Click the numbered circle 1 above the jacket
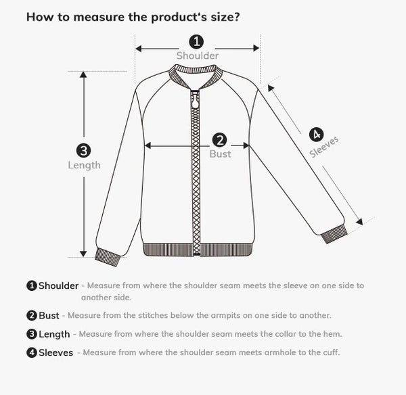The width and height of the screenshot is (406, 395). [196, 41]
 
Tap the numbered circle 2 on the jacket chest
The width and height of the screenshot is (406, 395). [219, 140]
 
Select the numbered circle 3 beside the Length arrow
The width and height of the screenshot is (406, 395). [84, 151]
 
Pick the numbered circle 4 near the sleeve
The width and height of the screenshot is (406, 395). [317, 134]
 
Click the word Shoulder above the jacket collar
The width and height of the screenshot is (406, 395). [198, 55]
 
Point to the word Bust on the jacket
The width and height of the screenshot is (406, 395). [220, 154]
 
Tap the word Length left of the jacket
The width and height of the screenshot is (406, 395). [84, 165]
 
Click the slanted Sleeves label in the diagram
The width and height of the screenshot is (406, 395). [324, 147]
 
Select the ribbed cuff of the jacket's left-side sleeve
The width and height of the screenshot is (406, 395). [108, 256]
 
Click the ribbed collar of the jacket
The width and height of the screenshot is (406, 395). [196, 72]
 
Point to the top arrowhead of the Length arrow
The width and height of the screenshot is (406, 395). [84, 75]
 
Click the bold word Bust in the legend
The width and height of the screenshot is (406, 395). [49, 316]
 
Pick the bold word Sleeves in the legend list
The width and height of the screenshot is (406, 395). [55, 352]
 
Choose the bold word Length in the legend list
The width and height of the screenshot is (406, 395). [54, 334]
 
